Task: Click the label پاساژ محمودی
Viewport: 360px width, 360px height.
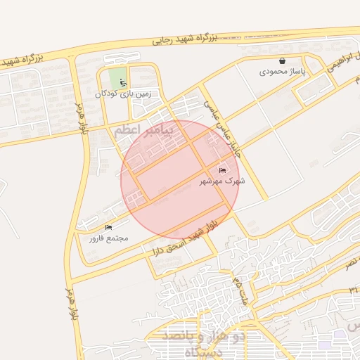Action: coord(283,72)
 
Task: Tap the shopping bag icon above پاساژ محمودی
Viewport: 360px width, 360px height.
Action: coord(283,61)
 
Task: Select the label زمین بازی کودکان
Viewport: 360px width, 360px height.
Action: coord(124,93)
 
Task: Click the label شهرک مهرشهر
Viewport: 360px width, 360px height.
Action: coord(221,181)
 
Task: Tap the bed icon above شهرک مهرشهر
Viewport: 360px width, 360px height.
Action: coord(223,170)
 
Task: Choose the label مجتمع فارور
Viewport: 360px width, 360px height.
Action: coord(108,238)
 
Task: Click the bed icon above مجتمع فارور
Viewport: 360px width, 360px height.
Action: coord(108,227)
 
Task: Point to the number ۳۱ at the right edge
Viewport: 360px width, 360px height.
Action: coord(353,289)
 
